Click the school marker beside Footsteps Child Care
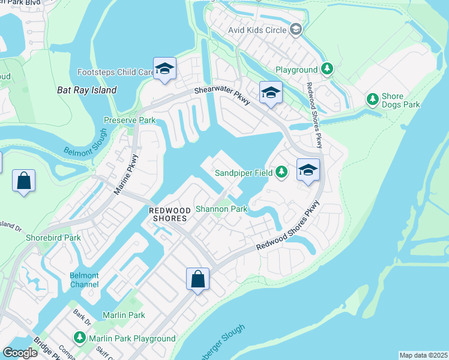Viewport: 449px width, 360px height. coord(164,69)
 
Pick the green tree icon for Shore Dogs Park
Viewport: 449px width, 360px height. coord(373,98)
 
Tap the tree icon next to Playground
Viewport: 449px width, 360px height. coord(327,70)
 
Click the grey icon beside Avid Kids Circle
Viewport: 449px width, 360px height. coord(295,29)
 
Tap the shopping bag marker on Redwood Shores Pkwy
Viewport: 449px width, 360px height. coord(197,279)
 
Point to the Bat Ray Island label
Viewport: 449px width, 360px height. coord(86,90)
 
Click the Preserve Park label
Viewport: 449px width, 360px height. coord(130,120)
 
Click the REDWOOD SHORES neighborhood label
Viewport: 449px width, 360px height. coord(168,214)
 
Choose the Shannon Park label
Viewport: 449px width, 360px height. coord(221,209)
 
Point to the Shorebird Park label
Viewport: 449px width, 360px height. coord(53,238)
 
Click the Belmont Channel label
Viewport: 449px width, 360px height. coord(83,280)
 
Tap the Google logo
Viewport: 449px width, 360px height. coord(20,353)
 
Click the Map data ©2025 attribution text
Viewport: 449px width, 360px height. coord(424,355)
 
